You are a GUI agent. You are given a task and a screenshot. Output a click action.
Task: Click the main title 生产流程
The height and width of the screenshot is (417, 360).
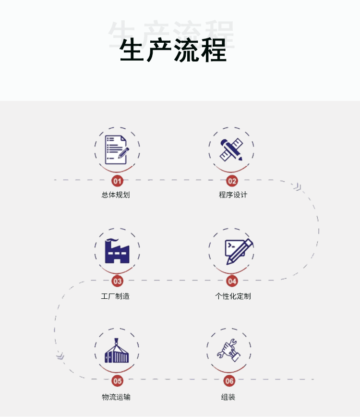pyautogui.click(x=173, y=50)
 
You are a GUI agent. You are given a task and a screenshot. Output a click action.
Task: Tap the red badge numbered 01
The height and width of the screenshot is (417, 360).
pyautogui.click(x=117, y=181)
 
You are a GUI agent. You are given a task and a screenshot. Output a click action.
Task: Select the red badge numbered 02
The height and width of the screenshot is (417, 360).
pyautogui.click(x=232, y=181)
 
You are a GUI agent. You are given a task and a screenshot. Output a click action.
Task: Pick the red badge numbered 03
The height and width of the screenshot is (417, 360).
pyautogui.click(x=117, y=281)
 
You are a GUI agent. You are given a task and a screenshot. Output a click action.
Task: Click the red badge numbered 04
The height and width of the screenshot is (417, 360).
pyautogui.click(x=232, y=281)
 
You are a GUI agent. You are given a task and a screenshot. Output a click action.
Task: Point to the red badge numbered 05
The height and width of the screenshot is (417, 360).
pyautogui.click(x=117, y=381)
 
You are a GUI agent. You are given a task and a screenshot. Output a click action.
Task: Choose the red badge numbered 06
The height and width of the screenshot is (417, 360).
pyautogui.click(x=229, y=381)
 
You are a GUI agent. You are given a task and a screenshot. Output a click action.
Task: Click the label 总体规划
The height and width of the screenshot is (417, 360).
pyautogui.click(x=116, y=195)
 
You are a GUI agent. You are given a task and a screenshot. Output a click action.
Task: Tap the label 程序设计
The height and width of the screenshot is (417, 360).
pyautogui.click(x=233, y=195)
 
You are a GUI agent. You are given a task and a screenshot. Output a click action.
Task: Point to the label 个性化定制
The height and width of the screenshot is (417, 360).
pyautogui.click(x=233, y=296)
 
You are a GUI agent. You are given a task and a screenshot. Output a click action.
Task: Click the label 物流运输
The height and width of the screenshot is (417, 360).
pyautogui.click(x=116, y=397)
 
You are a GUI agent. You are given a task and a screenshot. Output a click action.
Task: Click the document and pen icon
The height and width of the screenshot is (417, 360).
pyautogui.click(x=117, y=149)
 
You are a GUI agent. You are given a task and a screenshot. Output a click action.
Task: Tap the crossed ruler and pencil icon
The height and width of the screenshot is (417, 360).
pyautogui.click(x=231, y=149)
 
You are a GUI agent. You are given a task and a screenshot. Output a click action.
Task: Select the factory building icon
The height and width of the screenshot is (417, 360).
pyautogui.click(x=117, y=251)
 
